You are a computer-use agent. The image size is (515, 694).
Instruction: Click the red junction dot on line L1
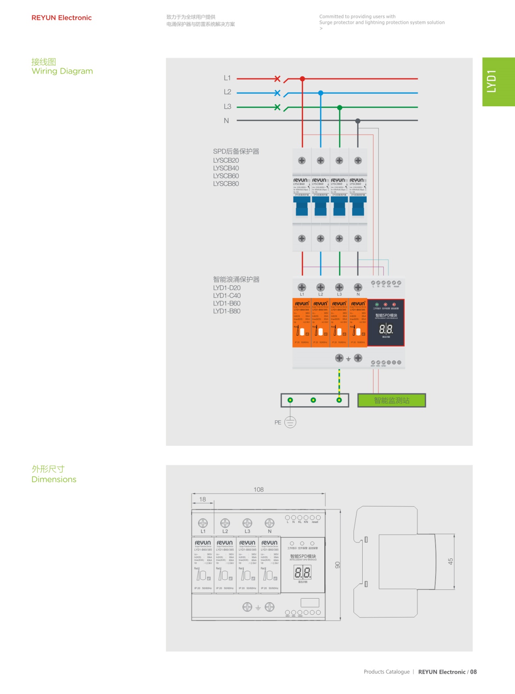(302, 79)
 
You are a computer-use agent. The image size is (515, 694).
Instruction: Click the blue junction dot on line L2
(321, 93)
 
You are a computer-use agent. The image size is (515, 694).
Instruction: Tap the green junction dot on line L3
(340, 107)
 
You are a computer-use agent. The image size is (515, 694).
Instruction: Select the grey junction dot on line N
(358, 121)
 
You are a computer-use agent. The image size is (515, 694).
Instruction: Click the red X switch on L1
(277, 78)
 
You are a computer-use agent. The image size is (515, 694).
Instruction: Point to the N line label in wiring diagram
(226, 121)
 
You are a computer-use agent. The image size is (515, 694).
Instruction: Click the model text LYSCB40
(226, 168)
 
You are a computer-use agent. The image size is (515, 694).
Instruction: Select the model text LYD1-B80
(227, 311)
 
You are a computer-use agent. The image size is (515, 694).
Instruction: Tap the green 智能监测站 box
(391, 401)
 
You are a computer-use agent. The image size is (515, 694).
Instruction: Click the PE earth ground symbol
(290, 422)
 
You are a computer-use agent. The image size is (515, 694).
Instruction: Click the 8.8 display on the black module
(386, 329)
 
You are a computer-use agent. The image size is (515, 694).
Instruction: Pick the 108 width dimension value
(259, 490)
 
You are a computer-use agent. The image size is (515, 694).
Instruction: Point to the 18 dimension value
(202, 499)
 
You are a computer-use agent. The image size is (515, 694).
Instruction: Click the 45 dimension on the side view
(451, 561)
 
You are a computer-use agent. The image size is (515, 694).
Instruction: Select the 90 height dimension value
(338, 565)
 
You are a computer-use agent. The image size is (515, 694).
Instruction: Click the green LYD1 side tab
(498, 82)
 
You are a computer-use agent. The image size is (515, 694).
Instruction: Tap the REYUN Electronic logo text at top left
(62, 18)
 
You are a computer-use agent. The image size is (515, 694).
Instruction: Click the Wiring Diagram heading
(62, 71)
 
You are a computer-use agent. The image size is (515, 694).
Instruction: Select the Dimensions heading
(54, 479)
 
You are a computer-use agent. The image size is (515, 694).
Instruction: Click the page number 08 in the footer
(473, 672)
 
